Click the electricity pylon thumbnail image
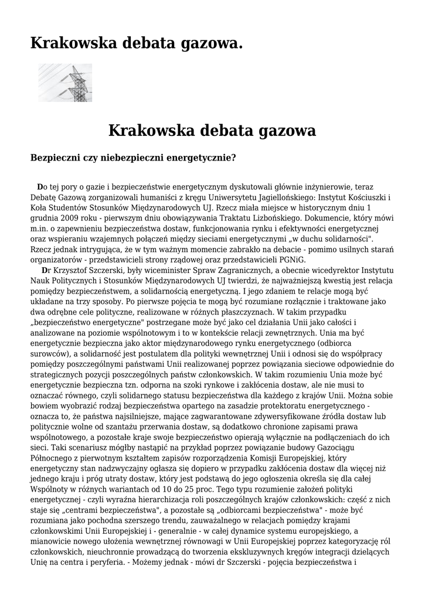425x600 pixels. (x=65, y=83)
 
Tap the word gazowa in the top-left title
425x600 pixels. (x=209, y=43)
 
